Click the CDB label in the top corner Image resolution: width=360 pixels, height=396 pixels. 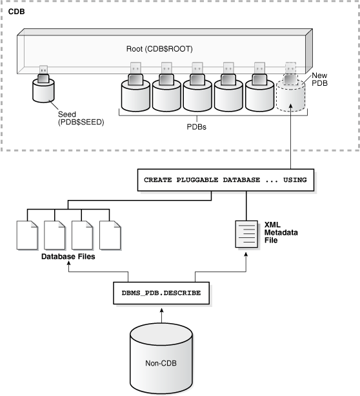click(x=16, y=11)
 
